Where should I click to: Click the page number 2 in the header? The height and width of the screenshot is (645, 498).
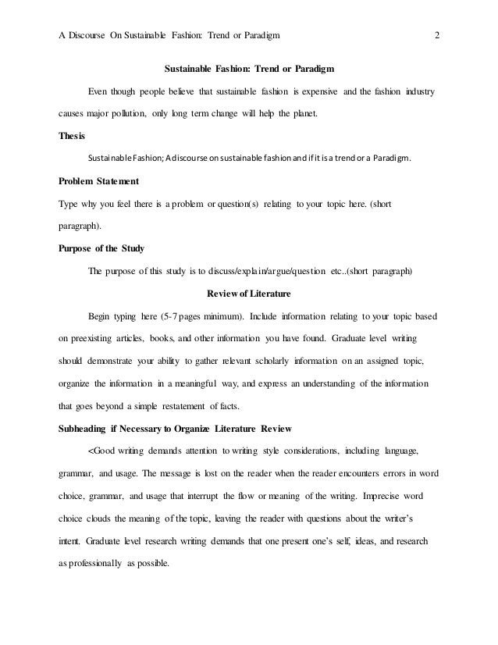[x=437, y=35]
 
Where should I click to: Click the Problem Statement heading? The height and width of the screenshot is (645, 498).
[x=99, y=182]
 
